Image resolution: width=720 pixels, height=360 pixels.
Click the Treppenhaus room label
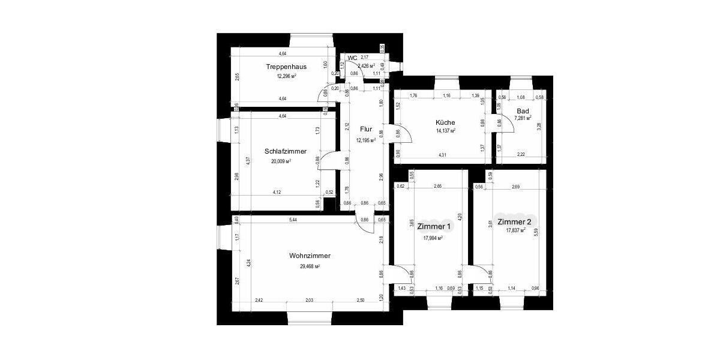pyautogui.click(x=286, y=67)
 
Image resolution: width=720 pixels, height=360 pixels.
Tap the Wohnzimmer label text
pyautogui.click(x=310, y=256)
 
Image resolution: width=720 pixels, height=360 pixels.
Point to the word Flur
pyautogui.click(x=366, y=129)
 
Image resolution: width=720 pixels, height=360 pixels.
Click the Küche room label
pyautogui.click(x=445, y=122)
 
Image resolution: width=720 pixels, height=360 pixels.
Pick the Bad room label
pyautogui.click(x=523, y=111)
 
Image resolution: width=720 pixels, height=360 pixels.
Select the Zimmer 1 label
pyautogui.click(x=433, y=227)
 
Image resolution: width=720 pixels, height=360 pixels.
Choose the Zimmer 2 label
pyautogui.click(x=515, y=221)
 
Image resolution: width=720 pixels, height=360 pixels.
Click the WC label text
pyautogui.click(x=352, y=58)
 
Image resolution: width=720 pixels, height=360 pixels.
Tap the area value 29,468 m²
pyautogui.click(x=310, y=266)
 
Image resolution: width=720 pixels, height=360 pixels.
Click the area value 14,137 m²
pyautogui.click(x=445, y=131)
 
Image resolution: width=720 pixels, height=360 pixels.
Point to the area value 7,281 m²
pyautogui.click(x=523, y=119)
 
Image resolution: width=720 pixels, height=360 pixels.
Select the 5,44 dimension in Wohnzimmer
pyautogui.click(x=293, y=221)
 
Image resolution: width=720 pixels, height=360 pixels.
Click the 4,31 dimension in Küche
pyautogui.click(x=442, y=155)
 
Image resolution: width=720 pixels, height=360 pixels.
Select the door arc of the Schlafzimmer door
pyautogui.click(x=327, y=160)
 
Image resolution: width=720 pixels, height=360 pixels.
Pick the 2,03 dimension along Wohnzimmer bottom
pyautogui.click(x=308, y=299)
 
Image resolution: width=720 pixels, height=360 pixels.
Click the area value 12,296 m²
pyautogui.click(x=286, y=76)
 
